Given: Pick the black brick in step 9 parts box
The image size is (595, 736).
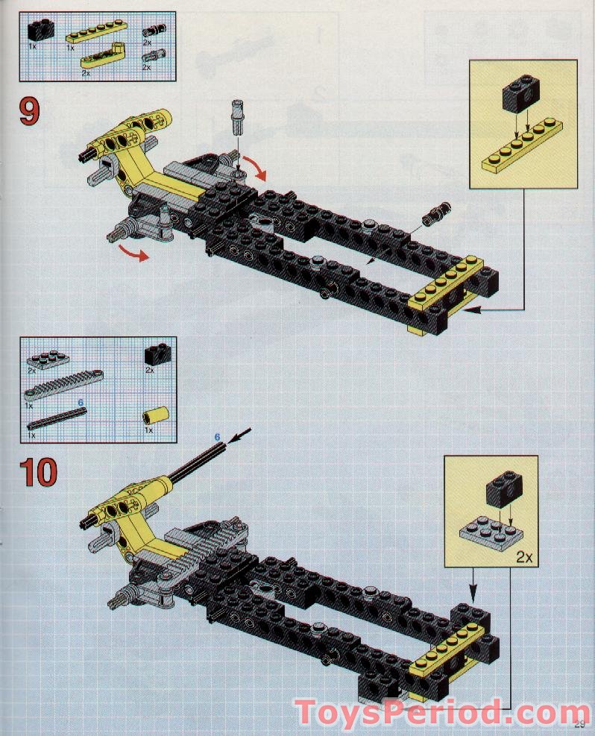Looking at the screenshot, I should [37, 31].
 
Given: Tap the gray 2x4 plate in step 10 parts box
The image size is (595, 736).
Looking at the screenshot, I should [44, 356].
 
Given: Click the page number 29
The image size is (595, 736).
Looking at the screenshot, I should [580, 723].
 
